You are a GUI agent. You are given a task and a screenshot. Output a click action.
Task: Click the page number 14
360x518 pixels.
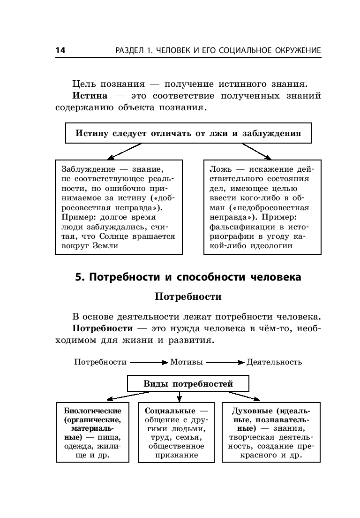coord(60,51)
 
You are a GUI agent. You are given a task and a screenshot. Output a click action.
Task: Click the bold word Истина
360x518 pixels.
coord(90,96)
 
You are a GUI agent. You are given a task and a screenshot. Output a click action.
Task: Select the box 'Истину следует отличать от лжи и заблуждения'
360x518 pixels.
coord(188,133)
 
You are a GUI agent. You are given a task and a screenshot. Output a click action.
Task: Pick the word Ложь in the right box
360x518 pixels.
coord(218,169)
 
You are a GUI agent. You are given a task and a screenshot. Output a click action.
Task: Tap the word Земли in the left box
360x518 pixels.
coord(105,246)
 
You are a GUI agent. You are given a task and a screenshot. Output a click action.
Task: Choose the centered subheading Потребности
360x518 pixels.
coord(188,297)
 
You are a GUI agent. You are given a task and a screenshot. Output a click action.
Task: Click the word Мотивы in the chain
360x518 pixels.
coord(187,362)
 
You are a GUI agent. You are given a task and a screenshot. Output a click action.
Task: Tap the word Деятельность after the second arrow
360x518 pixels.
coord(274,362)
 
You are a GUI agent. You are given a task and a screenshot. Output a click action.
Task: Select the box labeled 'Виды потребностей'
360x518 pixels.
coord(188,383)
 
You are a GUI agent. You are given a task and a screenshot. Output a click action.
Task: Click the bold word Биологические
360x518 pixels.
coord(92,411)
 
